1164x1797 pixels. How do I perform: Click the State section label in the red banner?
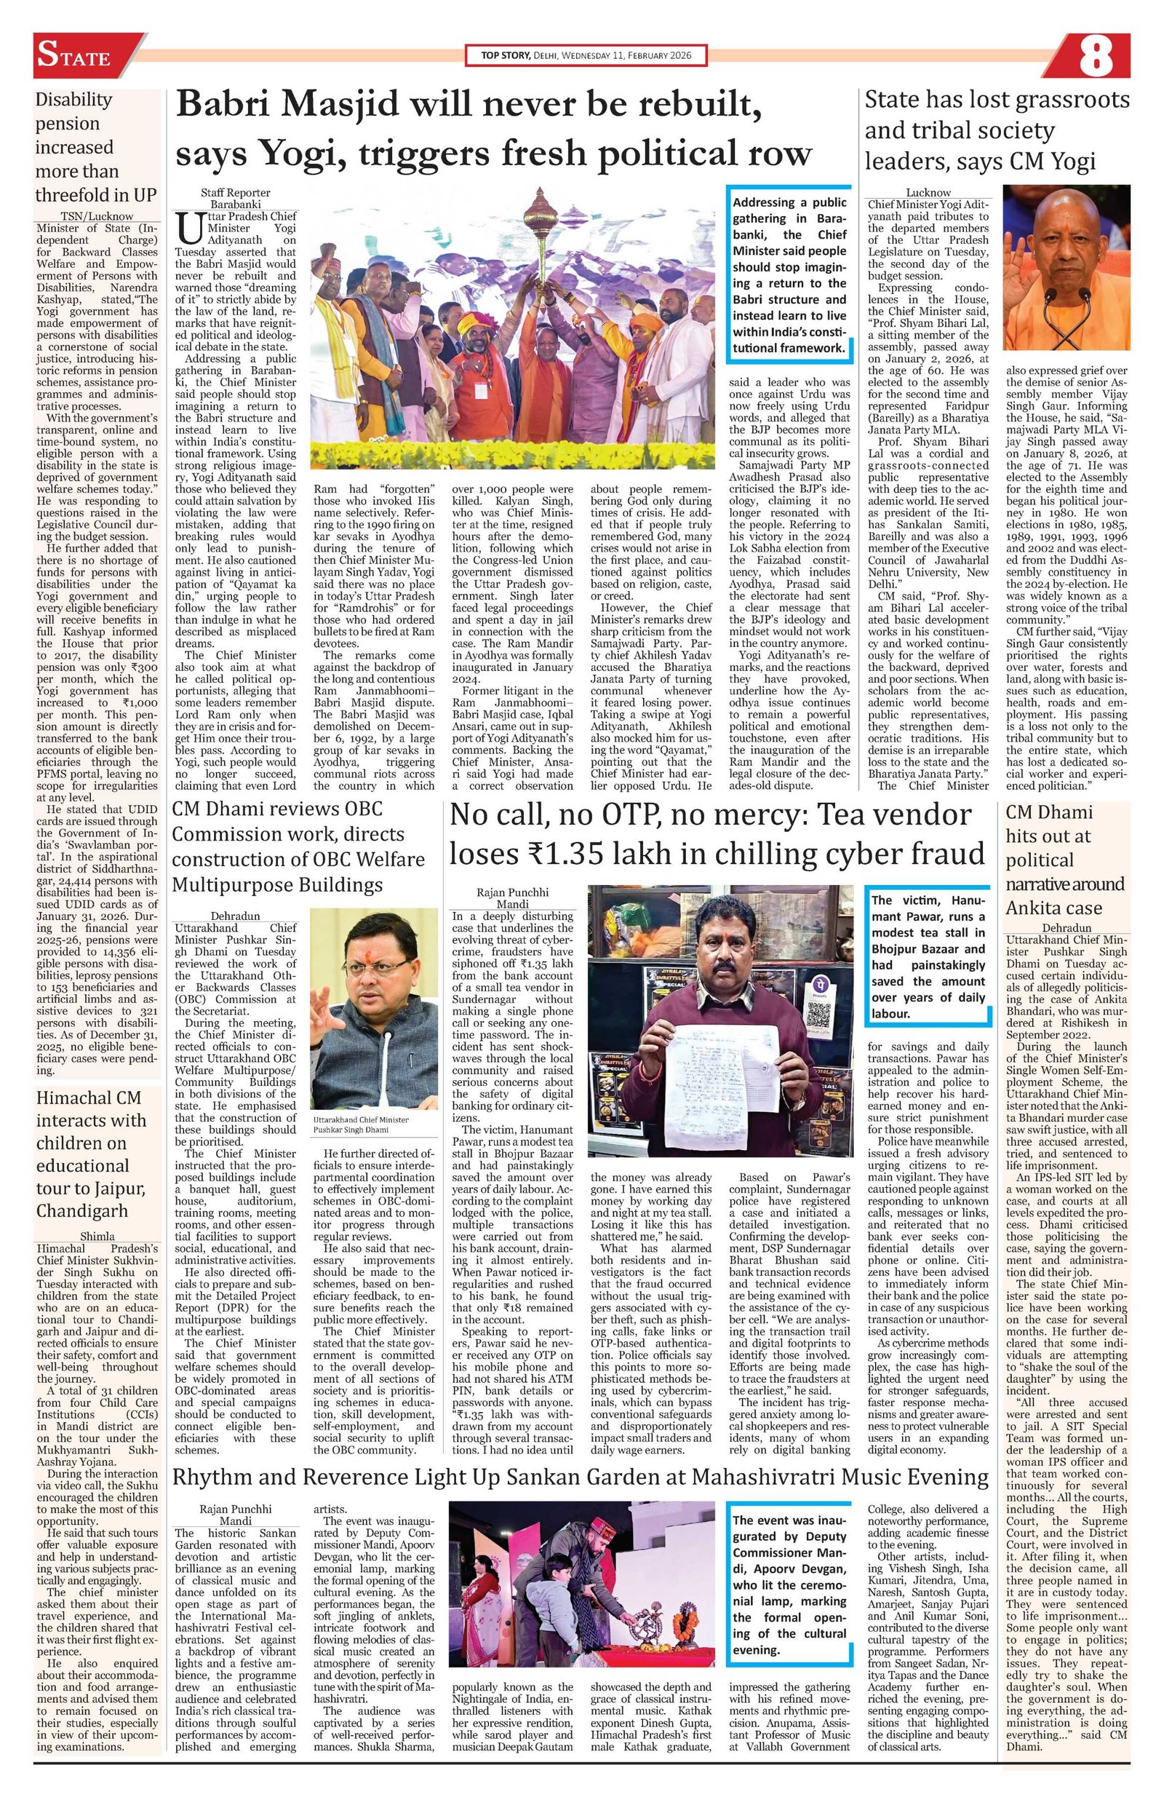point(74,57)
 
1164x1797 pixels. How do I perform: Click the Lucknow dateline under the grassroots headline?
point(928,191)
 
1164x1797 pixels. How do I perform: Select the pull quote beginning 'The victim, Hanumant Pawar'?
point(928,956)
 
